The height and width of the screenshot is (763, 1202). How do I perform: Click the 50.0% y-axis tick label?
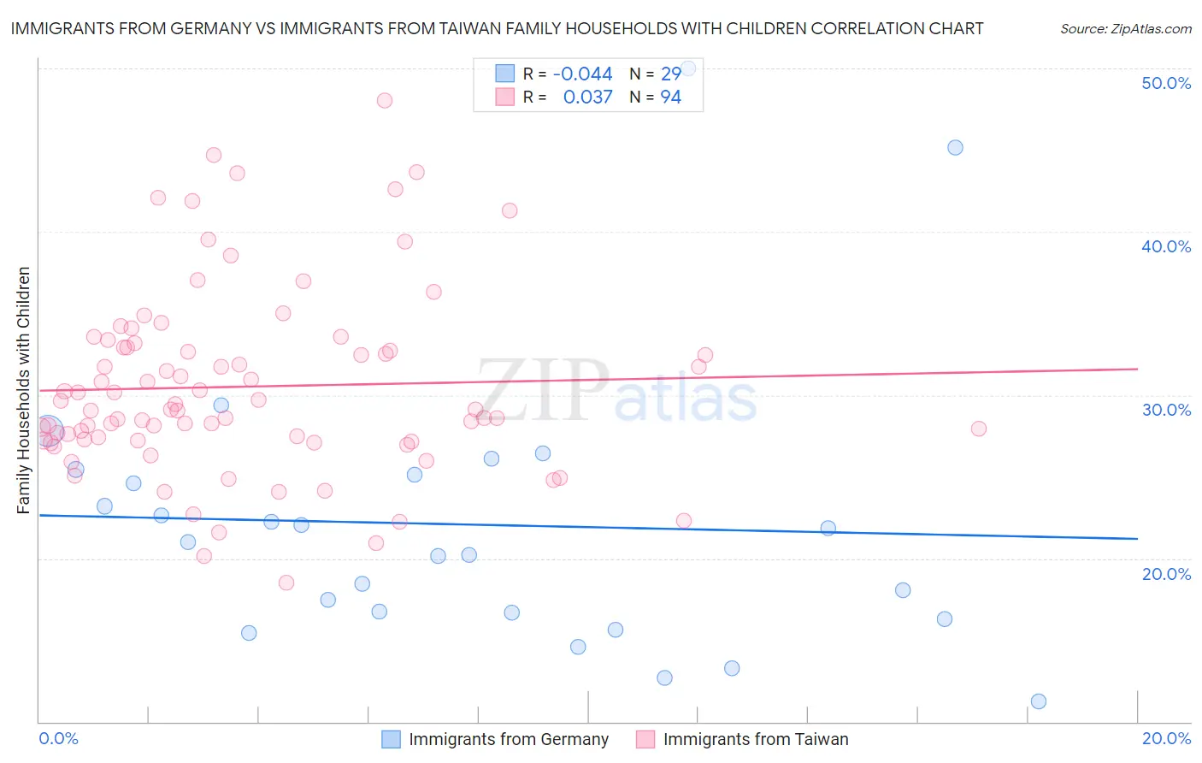coord(1166,83)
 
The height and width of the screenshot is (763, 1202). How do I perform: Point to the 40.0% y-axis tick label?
coord(1166,246)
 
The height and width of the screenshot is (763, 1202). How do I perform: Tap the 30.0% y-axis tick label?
coord(1166,410)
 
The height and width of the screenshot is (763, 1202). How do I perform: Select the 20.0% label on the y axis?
coord(1166,574)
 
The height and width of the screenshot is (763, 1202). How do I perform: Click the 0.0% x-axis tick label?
coord(58,738)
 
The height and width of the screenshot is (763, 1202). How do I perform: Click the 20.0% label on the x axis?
coord(1166,738)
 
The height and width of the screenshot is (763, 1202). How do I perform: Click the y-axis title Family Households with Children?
coord(23,390)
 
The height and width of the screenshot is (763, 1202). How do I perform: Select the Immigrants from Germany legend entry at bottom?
coord(508,739)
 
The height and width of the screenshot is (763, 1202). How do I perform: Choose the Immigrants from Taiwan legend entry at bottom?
coord(755,739)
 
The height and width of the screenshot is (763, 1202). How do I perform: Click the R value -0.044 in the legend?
coord(582,74)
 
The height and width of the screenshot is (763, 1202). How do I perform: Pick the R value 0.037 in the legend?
coord(587,98)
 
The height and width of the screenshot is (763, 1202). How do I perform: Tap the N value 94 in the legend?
coord(670,98)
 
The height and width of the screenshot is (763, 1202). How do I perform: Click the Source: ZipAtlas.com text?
coord(1125,29)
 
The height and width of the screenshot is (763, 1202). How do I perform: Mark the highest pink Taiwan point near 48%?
coord(385,100)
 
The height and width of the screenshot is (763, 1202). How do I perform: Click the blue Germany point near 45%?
coord(955,147)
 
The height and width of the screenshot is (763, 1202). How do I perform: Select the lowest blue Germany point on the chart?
coord(1039,701)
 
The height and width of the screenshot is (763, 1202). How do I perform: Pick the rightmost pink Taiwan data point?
coord(979,429)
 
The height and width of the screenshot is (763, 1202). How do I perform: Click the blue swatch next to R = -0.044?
coord(505,74)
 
